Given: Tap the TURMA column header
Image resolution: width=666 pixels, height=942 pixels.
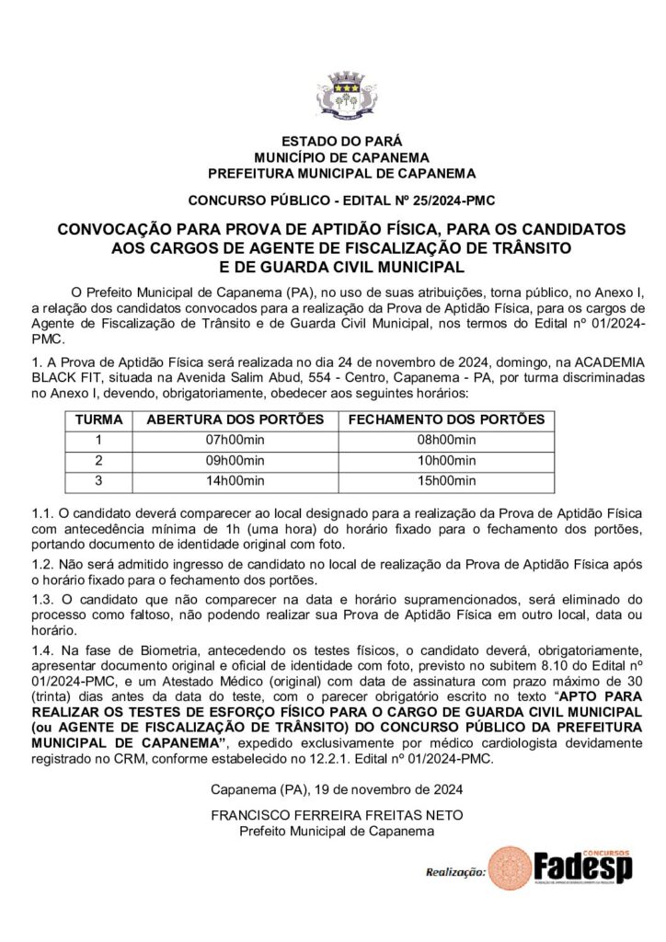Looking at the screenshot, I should click(98, 419).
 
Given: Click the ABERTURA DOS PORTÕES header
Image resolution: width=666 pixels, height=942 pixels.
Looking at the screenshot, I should click(235, 419).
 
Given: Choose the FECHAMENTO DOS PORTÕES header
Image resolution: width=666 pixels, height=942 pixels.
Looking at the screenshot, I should click(446, 419).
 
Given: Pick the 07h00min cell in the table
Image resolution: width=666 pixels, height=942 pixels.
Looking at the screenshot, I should click(235, 440).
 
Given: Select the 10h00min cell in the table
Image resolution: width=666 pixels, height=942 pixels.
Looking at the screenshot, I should click(446, 460).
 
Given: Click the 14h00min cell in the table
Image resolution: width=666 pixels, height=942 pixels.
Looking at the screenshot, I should click(235, 480).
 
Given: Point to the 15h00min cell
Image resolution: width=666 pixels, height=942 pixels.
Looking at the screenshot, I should click(446, 480).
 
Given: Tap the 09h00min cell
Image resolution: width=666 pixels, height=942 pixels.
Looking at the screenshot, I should click(235, 460).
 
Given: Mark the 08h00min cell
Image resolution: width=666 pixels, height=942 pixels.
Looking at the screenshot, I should click(446, 440).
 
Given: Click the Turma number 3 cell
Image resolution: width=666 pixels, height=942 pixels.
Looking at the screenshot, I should click(98, 480).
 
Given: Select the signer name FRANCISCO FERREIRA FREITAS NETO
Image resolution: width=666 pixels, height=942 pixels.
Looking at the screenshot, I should click(336, 816).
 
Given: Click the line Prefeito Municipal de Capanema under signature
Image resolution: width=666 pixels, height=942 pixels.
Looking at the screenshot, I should click(336, 831).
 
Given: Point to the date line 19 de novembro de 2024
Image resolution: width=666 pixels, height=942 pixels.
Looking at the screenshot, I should click(336, 789).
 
